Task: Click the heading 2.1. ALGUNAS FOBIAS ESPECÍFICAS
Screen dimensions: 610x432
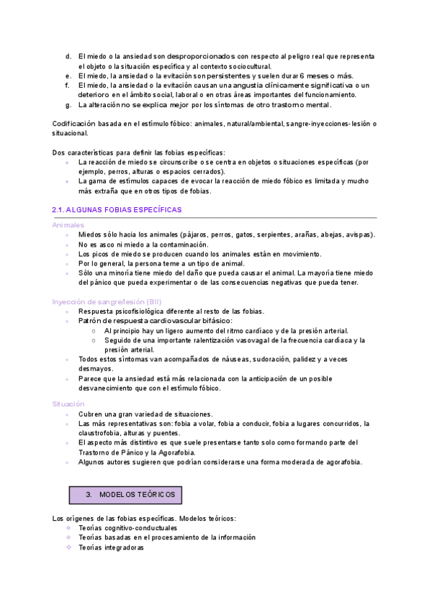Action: [117, 209]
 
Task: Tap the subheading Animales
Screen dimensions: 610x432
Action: [68, 225]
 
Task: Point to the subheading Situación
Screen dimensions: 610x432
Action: [68, 404]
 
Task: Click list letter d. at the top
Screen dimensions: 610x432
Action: [68, 55]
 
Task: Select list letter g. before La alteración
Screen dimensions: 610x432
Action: [68, 104]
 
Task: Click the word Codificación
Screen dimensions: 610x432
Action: [76, 124]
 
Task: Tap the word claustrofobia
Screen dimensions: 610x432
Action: [103, 433]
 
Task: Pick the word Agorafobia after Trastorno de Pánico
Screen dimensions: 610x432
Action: [191, 452]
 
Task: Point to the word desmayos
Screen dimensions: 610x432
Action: [94, 368]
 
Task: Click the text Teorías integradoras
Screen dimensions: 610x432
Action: [111, 547]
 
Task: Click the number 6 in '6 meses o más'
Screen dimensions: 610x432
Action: [301, 76]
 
